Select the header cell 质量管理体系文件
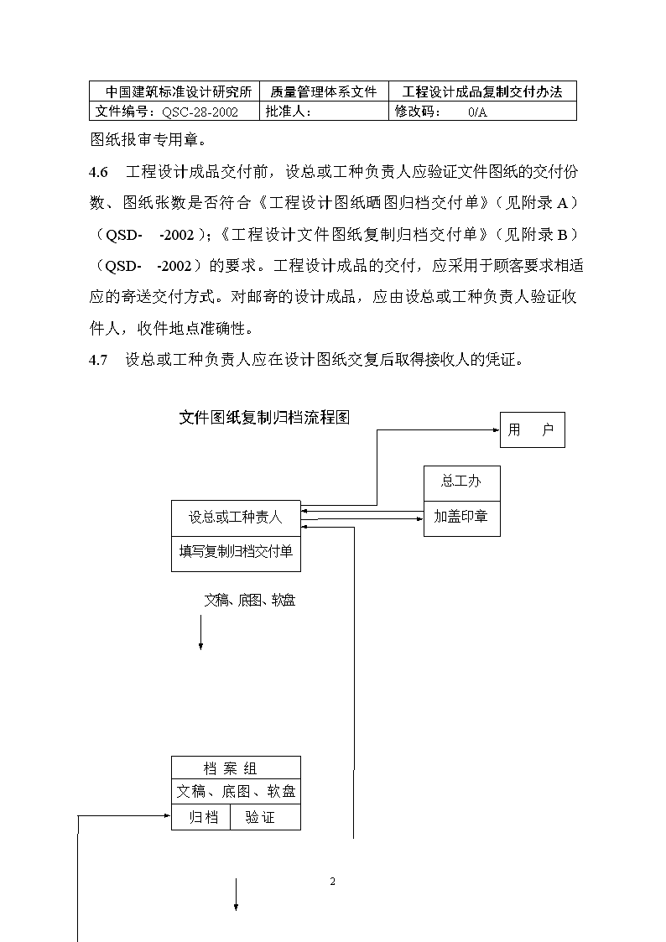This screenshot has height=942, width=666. point(324,91)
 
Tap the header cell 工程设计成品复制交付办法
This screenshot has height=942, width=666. point(482,91)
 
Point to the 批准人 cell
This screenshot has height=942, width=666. point(324,111)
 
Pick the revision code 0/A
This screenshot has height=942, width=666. point(477,112)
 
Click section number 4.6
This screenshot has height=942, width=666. point(98,173)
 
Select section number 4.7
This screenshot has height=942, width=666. point(98,360)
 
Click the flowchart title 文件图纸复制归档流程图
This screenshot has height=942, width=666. point(264,418)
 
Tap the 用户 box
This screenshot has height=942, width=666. point(533,429)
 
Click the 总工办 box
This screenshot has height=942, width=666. point(462,483)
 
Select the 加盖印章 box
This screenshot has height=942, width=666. point(462,518)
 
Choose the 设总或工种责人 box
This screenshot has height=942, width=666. point(236,518)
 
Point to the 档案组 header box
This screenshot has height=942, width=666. point(236,768)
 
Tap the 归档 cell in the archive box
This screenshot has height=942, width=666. point(200,817)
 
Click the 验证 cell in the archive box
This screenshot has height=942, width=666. point(265,817)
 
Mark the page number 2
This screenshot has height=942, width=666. point(333,882)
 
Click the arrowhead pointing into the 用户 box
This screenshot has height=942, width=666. point(497,429)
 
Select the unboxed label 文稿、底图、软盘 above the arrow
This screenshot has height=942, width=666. point(250,600)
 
